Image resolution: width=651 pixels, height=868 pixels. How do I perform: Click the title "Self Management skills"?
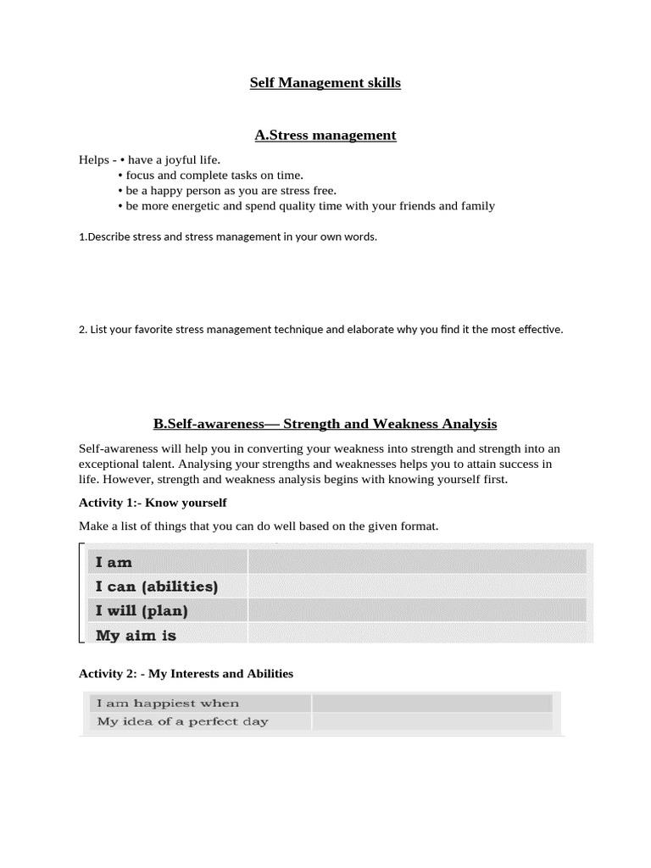click(x=325, y=83)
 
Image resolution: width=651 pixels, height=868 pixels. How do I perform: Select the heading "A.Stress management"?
click(x=325, y=135)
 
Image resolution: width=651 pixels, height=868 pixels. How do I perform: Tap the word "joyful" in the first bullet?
click(x=189, y=160)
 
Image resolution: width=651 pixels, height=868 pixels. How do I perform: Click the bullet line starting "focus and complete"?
click(x=214, y=175)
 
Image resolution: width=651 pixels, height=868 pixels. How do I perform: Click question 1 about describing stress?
click(x=227, y=236)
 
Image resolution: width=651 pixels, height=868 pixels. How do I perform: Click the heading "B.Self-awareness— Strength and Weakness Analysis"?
click(x=325, y=424)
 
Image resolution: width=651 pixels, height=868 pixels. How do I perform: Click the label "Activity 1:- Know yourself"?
click(x=153, y=503)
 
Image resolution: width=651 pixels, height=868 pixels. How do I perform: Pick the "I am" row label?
click(x=114, y=562)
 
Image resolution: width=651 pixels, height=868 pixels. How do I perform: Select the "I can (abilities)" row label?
click(x=157, y=586)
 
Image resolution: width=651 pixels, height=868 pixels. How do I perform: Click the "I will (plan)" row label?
click(x=142, y=610)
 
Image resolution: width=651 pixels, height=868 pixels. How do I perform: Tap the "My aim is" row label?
click(x=136, y=634)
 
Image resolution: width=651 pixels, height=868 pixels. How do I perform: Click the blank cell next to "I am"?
click(x=416, y=562)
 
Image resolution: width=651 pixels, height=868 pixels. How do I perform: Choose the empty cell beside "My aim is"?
click(x=416, y=634)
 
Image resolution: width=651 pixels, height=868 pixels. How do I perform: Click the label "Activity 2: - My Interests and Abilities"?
click(x=186, y=674)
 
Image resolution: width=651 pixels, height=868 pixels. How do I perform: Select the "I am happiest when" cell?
click(x=168, y=704)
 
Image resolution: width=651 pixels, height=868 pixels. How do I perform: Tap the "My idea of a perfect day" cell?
click(x=182, y=722)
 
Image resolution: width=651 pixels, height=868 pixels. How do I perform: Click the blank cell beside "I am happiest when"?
click(x=431, y=704)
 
